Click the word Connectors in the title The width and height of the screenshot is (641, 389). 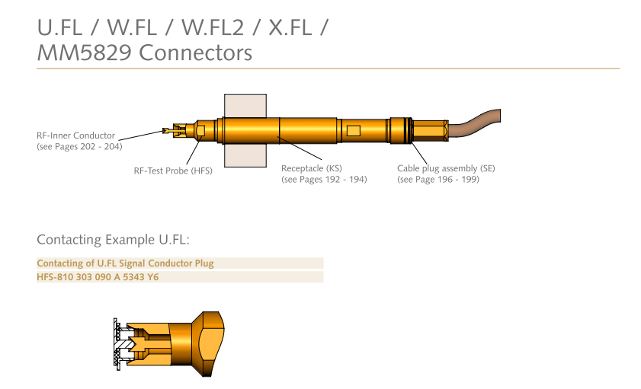(x=195, y=53)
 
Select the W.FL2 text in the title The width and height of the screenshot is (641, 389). (x=213, y=27)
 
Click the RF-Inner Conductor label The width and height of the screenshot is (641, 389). (x=75, y=136)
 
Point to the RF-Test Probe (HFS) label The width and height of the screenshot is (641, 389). (x=173, y=171)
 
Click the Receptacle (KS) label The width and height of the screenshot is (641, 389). (x=312, y=168)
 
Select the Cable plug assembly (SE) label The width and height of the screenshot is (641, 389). (x=446, y=168)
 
